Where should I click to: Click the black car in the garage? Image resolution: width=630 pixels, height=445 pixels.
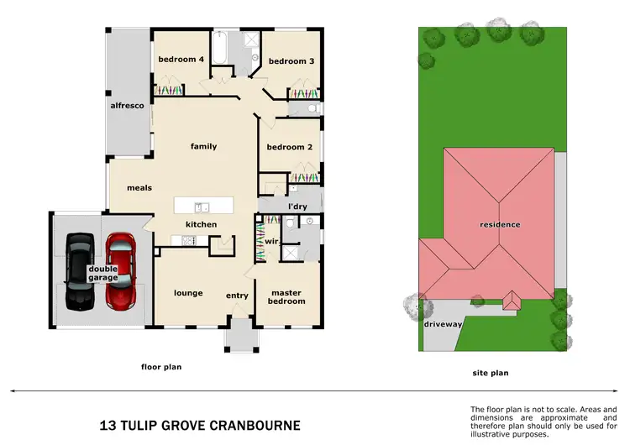pos(80,270)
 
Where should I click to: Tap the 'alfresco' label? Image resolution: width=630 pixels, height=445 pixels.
pos(129,106)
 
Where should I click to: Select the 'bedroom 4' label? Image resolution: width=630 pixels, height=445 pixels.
pos(181,60)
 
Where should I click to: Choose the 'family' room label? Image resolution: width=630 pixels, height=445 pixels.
pos(203,147)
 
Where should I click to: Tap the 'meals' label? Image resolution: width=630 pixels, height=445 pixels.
pos(139,188)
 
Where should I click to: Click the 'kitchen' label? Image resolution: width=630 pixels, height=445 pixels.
pos(202,225)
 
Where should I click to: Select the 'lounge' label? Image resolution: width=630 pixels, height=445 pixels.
pos(188,293)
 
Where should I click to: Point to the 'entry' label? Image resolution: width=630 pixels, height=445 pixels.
pos(237,296)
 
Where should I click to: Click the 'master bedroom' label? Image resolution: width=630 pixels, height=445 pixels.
pos(286,297)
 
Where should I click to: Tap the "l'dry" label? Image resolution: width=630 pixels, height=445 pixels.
pos(296,206)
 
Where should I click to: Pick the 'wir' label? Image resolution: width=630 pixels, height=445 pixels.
pos(270,241)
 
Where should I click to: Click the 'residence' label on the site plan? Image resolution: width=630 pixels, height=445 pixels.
pos(500,225)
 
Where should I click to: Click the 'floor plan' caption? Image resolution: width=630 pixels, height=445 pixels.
pos(160,367)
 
